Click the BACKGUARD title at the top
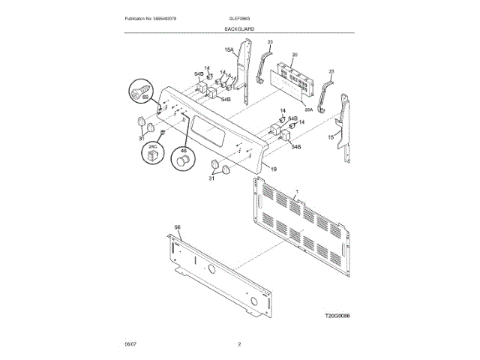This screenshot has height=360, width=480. click(x=239, y=28)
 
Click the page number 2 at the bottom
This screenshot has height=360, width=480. click(x=239, y=344)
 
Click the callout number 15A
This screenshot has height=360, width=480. click(x=229, y=51)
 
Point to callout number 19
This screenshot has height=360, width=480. click(x=273, y=169)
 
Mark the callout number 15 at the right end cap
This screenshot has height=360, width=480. click(x=331, y=138)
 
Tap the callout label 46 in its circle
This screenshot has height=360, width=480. click(x=181, y=150)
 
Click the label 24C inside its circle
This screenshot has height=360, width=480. click(x=152, y=147)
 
